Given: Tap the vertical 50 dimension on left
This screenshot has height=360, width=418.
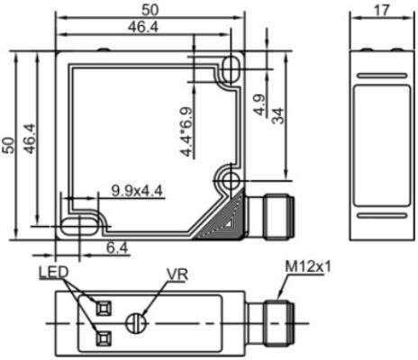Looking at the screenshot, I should pos(8,144).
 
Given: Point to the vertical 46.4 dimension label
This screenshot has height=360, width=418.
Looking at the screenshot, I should pos(29,144).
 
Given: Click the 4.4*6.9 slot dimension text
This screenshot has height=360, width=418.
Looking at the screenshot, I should pos(187,131).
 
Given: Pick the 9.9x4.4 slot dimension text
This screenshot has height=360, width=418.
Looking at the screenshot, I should pos(136,189).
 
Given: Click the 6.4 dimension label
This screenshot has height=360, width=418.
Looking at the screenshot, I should pos(117,246).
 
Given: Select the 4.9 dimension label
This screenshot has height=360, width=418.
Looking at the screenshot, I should pos(259,106).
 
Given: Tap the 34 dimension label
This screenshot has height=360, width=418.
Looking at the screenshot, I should pos(277,115).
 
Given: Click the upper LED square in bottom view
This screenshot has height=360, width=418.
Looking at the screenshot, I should pos(102,308).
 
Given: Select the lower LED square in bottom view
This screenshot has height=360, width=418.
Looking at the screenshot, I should pos(102,338).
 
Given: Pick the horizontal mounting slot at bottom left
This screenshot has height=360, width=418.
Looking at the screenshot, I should pos(77,223).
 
